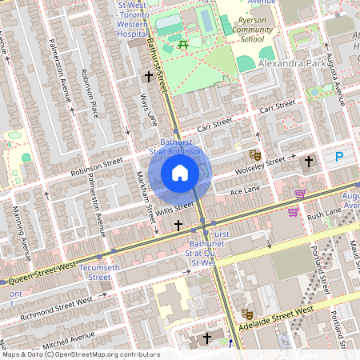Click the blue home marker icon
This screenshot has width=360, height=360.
click(x=180, y=173)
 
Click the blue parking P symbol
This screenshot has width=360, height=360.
click(x=340, y=158)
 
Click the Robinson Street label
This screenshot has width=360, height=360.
click(x=96, y=166)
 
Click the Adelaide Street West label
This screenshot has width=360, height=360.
click(x=282, y=318)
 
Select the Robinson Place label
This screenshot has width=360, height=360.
click(x=89, y=93)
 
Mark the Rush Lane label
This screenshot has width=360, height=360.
click(x=325, y=212)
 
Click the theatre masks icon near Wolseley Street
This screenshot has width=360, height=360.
click(x=255, y=154)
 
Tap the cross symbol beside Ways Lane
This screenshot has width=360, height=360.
click(x=148, y=76)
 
